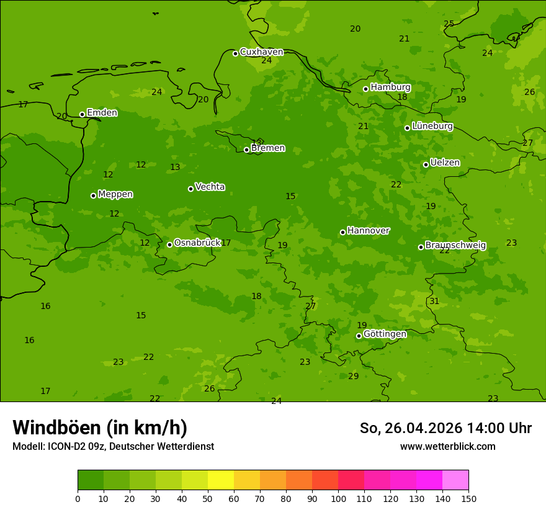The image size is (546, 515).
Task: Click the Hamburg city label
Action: click(x=390, y=87)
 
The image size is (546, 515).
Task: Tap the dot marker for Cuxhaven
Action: click(x=235, y=53)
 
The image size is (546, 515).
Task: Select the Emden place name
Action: click(x=102, y=113)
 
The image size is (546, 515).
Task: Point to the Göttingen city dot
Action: click(x=359, y=336)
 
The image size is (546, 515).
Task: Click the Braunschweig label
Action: click(x=455, y=246)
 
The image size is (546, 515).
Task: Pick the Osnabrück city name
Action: click(x=197, y=243)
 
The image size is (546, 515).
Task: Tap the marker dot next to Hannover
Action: click(x=342, y=232)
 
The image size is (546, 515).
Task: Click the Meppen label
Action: click(x=115, y=194)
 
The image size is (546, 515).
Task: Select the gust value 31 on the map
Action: click(x=434, y=302)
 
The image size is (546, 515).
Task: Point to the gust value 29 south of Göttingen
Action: click(x=353, y=377)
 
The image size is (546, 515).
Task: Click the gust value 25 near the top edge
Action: click(x=449, y=24)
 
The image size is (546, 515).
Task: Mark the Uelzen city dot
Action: click(x=426, y=164)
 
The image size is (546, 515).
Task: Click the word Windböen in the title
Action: click(x=56, y=428)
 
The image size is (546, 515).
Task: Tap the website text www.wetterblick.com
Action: click(x=447, y=446)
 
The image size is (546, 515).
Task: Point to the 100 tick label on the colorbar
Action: click(x=338, y=498)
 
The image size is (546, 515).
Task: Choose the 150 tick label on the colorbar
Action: click(x=468, y=498)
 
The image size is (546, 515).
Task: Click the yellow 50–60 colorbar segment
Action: click(x=221, y=480)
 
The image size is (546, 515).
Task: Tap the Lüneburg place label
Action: click(x=432, y=126)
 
